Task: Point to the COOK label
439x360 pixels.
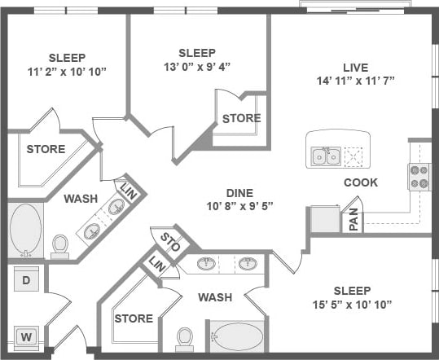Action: coord(361,182)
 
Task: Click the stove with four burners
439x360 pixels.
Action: coord(419,177)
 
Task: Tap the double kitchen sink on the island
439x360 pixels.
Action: coord(327,155)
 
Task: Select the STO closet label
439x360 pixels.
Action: coord(170,241)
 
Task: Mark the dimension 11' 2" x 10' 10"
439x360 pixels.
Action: coord(67,71)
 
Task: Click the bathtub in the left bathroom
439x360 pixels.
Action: coord(25,230)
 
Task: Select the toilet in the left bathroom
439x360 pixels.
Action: coord(60,245)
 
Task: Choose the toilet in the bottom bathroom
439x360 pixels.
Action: coord(185,338)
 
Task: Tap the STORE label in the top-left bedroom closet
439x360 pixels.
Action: coord(46,149)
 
